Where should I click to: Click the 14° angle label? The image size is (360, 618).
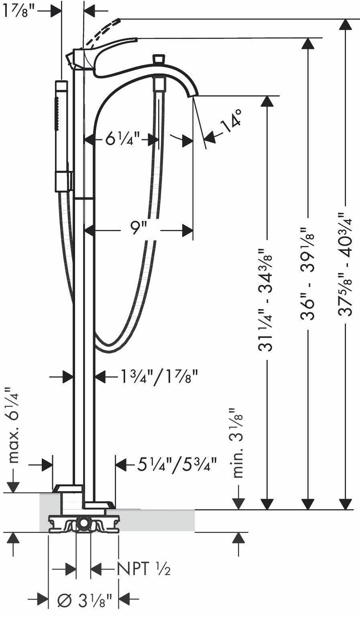pyautogui.click(x=232, y=120)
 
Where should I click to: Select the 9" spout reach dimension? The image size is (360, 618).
pyautogui.click(x=138, y=229)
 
